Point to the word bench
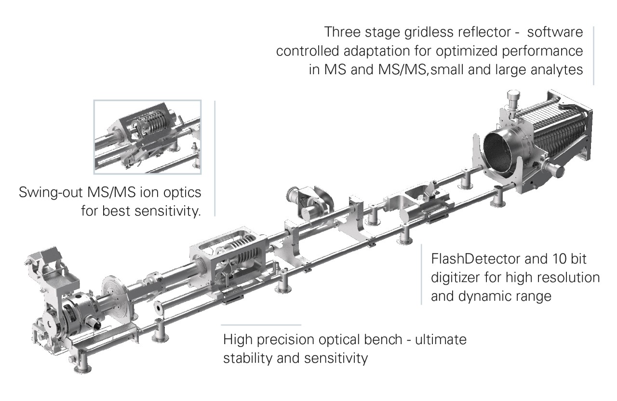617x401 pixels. (377, 340)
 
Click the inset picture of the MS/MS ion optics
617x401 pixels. (148, 137)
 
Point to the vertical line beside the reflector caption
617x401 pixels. (593, 55)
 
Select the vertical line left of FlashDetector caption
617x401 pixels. (421, 275)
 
